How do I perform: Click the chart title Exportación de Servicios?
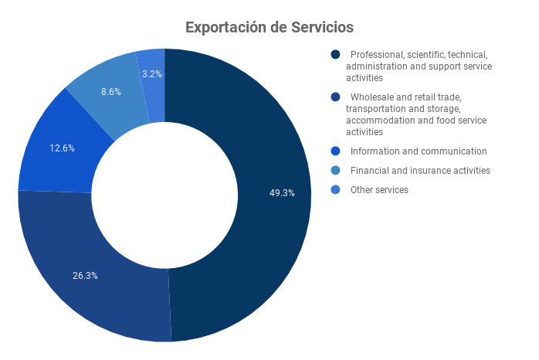pyautogui.click(x=269, y=27)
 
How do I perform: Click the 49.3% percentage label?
pyautogui.click(x=282, y=193)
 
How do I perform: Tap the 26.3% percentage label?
pyautogui.click(x=85, y=275)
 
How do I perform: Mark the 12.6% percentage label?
pyautogui.click(x=62, y=148)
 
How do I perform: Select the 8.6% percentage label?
pyautogui.click(x=111, y=91)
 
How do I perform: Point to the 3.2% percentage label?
pyautogui.click(x=152, y=74)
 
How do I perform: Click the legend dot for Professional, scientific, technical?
pyautogui.click(x=335, y=55)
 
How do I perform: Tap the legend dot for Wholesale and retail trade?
pyautogui.click(x=335, y=97)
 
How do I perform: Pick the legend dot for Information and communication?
pyautogui.click(x=335, y=151)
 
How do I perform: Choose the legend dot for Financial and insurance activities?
pyautogui.click(x=335, y=171)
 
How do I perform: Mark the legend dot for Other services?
pyautogui.click(x=335, y=190)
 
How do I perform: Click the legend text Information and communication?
pyautogui.click(x=419, y=151)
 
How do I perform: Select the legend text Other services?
pyautogui.click(x=379, y=190)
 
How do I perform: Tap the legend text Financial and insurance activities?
pyautogui.click(x=420, y=171)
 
